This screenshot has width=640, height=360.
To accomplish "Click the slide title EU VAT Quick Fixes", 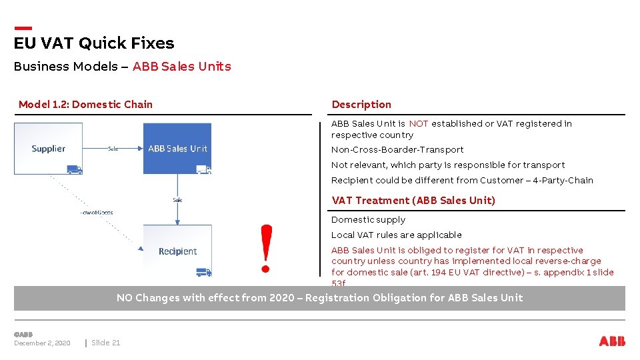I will coord(94,43).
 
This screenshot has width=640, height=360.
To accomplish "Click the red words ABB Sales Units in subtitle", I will coord(181,67).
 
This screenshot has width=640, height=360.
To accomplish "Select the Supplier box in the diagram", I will coord(49,149).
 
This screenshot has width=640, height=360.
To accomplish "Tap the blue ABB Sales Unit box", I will coord(177,149).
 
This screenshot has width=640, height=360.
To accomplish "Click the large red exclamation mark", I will coord(266,248).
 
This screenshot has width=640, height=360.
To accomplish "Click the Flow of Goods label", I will coord(97,213).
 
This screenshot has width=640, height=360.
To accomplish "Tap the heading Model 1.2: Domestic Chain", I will coord(85,105).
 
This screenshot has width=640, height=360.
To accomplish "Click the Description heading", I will coord(361,105).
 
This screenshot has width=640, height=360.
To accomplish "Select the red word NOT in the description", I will coord(418,124).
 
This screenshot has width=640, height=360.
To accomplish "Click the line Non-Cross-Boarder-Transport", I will coord(397,150).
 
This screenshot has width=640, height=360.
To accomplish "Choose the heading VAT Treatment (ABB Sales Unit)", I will coord(413,201).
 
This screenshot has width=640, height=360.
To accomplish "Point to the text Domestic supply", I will coord(368,220).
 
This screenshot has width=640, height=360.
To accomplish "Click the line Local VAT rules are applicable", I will coord(396,235).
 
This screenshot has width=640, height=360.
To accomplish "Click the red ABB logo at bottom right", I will coord(612,341).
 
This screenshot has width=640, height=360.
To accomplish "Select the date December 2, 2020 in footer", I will coord(42,343).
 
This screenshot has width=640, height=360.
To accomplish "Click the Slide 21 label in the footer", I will coord(106,343).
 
